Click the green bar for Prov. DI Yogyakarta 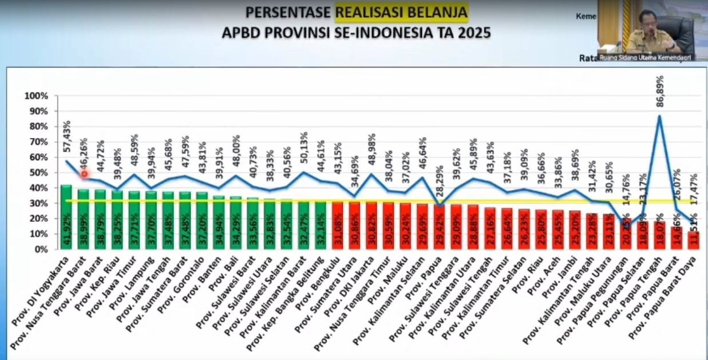click(x=66, y=217)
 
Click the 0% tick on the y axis click(x=39, y=250)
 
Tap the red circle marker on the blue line click(x=84, y=174)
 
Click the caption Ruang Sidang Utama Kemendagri click(x=645, y=57)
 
